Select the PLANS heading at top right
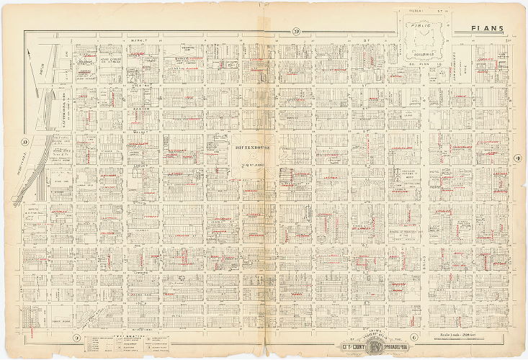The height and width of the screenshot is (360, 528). (x=487, y=29)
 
